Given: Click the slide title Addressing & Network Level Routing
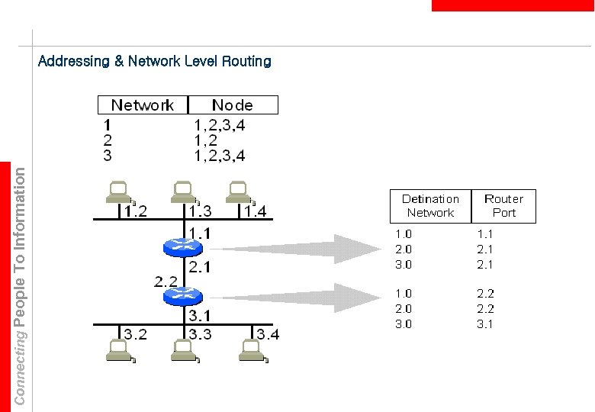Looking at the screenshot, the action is pyautogui.click(x=154, y=61).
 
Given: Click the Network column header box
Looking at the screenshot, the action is pyautogui.click(x=143, y=105).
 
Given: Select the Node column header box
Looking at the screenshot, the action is pyautogui.click(x=233, y=105).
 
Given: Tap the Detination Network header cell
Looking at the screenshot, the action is pyautogui.click(x=430, y=206).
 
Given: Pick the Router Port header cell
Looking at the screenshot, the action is pyautogui.click(x=503, y=206).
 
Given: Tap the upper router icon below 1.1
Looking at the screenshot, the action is pyautogui.click(x=182, y=247).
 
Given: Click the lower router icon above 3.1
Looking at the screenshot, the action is pyautogui.click(x=182, y=294).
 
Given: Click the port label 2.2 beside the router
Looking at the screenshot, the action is pyautogui.click(x=166, y=281).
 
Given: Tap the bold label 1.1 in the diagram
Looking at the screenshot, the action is pyautogui.click(x=201, y=231).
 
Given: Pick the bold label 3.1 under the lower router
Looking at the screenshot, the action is pyautogui.click(x=201, y=314).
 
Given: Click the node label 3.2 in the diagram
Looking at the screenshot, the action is pyautogui.click(x=136, y=333).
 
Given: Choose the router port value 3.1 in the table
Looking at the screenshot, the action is pyautogui.click(x=485, y=323).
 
